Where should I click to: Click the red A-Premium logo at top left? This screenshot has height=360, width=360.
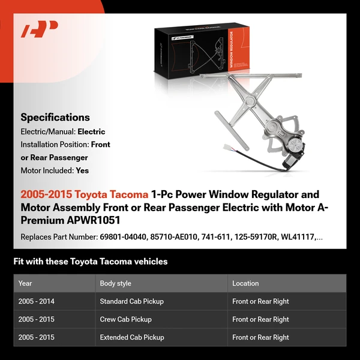tap(40, 29)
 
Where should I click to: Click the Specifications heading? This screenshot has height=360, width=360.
tap(55, 118)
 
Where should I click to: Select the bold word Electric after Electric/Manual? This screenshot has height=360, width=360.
tap(91, 131)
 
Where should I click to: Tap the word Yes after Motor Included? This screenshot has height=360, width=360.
tap(82, 170)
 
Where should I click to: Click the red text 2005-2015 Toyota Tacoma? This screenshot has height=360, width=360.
tap(84, 195)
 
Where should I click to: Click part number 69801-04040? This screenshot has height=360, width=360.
tap(121, 237)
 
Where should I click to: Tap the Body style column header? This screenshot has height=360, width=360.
tap(115, 283)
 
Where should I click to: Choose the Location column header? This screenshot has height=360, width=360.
tap(245, 283)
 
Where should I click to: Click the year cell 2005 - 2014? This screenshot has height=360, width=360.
tap(37, 301)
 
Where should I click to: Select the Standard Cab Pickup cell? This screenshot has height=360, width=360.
tap(131, 301)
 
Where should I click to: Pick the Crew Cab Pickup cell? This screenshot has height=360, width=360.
tap(125, 319)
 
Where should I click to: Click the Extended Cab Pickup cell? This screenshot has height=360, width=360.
tap(132, 337)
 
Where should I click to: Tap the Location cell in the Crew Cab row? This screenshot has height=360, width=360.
tap(260, 319)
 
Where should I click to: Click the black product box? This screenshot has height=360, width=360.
tap(204, 48)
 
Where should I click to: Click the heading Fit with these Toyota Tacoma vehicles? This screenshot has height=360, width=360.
tap(90, 262)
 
